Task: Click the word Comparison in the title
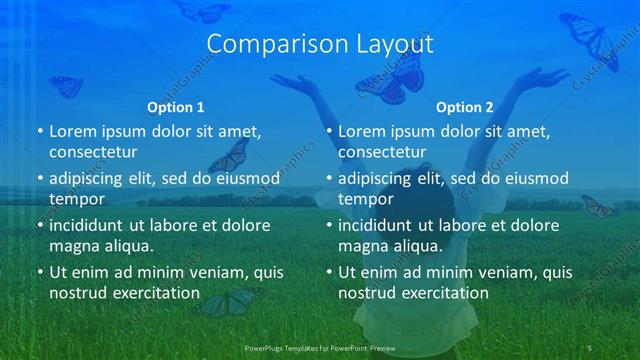coord(267,44)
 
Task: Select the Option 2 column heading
coord(465,107)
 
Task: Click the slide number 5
coord(590,347)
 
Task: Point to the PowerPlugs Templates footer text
coord(320,347)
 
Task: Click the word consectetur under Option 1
coord(93,152)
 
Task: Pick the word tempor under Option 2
coord(366,198)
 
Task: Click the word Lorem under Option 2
coord(361,131)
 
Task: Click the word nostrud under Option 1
coord(77,293)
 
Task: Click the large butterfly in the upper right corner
coord(590,40)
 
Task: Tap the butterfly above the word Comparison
coord(203,11)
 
